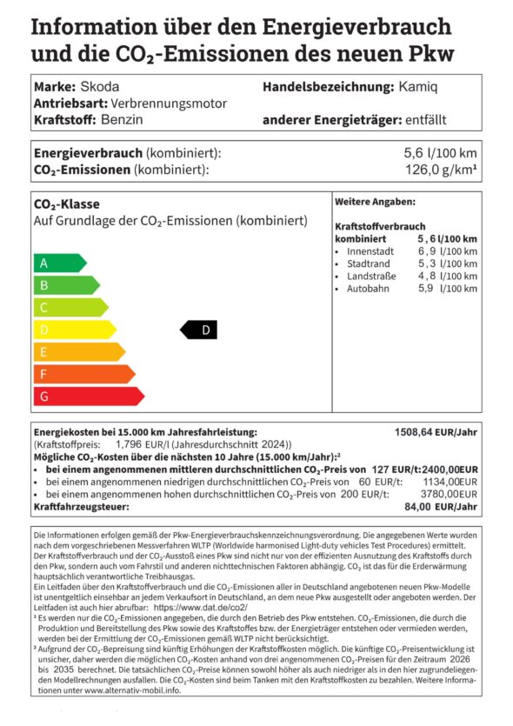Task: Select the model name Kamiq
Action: tap(418, 87)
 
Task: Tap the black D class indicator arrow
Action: tap(198, 330)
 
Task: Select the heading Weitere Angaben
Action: tap(375, 202)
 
